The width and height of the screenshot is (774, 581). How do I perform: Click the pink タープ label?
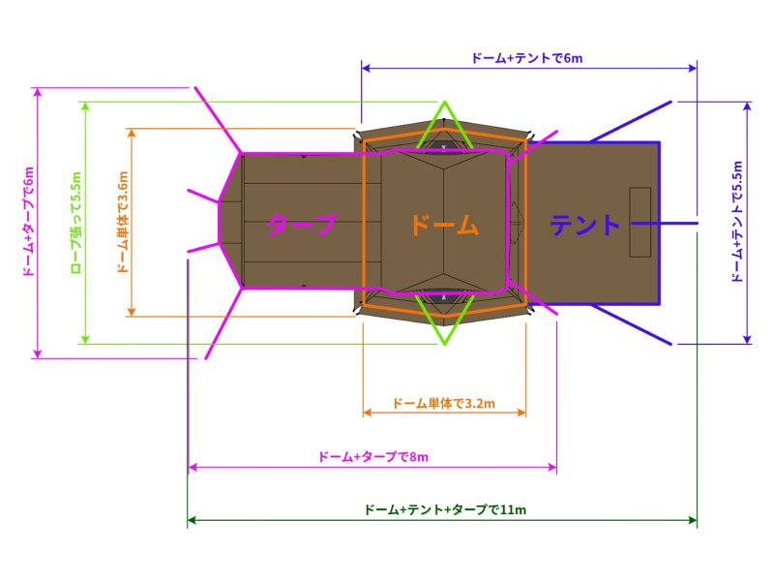pos(302,226)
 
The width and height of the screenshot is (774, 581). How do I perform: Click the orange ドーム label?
pos(444,226)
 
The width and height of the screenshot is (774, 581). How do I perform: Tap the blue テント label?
pos(585,226)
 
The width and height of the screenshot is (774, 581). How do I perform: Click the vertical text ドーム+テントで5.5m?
pos(738,222)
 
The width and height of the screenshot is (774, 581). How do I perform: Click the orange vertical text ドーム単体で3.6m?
pos(122,222)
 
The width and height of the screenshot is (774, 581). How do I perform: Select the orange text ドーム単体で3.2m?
pos(444,403)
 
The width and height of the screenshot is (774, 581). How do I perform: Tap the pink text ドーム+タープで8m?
pos(372,457)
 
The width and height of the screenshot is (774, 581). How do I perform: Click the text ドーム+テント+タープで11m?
pos(444,509)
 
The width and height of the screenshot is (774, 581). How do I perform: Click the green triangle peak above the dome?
pos(444,102)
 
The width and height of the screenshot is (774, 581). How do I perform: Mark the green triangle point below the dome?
pos(444,344)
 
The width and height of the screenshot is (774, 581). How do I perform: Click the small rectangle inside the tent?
pos(640,222)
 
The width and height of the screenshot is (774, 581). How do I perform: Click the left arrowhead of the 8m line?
pos(192,468)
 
